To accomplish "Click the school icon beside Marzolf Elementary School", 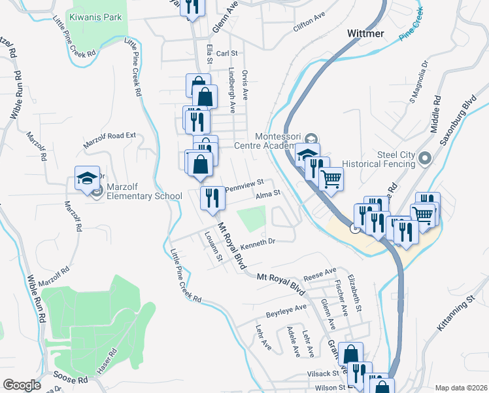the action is [87, 179].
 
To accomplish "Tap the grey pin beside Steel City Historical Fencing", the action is [426, 158].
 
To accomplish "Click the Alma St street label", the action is [267, 193].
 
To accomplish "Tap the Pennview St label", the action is [244, 185].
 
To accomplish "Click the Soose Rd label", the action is [73, 380].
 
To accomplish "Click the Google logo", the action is [22, 385].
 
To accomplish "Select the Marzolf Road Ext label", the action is [109, 140].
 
